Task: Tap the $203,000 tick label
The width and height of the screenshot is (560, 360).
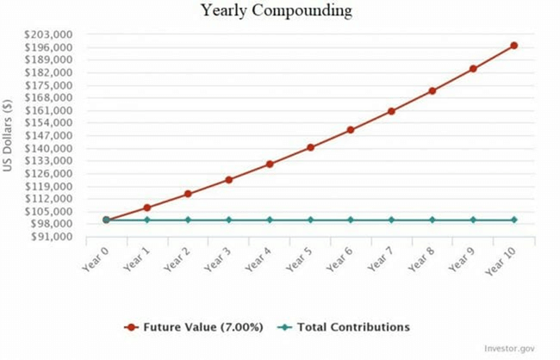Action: point(48,34)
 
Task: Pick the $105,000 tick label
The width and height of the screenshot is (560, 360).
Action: point(48,211)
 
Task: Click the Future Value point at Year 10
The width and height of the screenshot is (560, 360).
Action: point(514,45)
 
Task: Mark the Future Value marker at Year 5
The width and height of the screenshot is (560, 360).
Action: point(310,147)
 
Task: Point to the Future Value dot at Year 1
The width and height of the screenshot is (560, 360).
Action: point(147,208)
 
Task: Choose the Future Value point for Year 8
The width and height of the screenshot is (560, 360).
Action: point(432,90)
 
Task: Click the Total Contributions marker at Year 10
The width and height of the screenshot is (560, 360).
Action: point(514,220)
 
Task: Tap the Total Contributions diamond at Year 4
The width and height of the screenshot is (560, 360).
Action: point(270,220)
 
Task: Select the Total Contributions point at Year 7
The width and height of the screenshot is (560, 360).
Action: point(392,220)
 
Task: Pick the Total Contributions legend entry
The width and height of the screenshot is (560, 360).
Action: point(345,327)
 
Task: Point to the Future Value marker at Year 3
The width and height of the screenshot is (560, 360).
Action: point(228,179)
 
